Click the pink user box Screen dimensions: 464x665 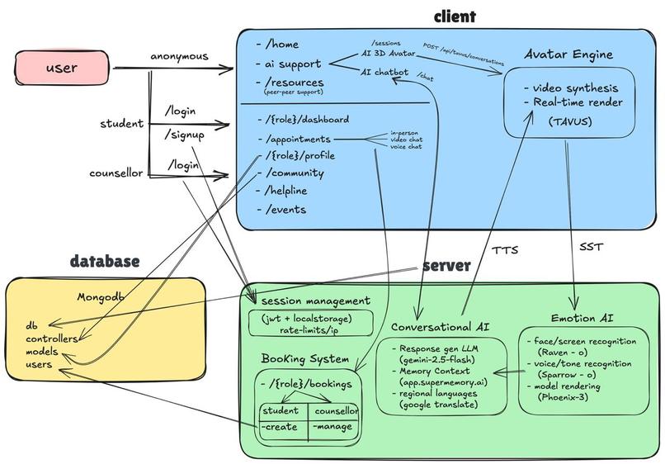(63, 68)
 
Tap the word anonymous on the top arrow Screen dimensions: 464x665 (179, 56)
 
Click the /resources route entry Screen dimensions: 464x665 (295, 83)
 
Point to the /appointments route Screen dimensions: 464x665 (298, 139)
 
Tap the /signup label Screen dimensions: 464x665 (186, 135)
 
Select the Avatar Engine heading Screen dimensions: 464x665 (568, 54)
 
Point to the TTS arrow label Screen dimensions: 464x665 (504, 249)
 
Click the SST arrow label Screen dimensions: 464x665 (591, 247)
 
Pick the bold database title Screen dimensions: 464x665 (104, 262)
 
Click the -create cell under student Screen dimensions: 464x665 (280, 426)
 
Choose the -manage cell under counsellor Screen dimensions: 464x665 (332, 426)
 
